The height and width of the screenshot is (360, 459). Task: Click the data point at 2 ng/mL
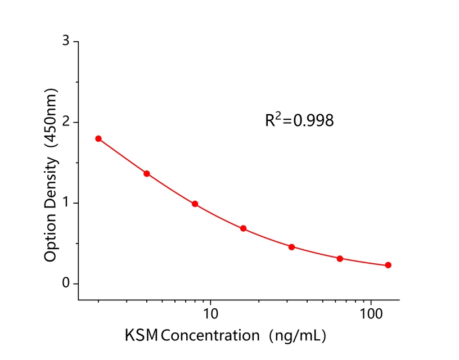point(98,138)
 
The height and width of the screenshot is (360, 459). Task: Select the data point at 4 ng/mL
point(147,173)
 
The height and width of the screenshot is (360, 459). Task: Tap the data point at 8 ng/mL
point(195,204)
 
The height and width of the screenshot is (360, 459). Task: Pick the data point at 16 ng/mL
point(243,228)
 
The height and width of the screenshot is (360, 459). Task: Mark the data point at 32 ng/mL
point(291,247)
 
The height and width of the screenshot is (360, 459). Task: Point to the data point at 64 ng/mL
point(340,259)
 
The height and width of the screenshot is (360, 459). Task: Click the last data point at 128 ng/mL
point(388,265)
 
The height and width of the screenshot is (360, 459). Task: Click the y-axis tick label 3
point(66,41)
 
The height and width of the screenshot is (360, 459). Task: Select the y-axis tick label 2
point(66,122)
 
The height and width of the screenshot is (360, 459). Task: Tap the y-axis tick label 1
point(66,203)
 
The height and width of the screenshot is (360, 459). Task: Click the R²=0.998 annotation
point(299,120)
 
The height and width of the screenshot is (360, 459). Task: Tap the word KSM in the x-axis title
point(141,336)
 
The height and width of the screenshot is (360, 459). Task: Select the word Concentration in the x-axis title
point(208,336)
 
